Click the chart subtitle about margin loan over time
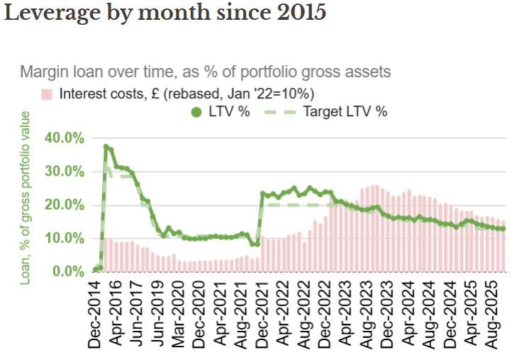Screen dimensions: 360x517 (x=206, y=72)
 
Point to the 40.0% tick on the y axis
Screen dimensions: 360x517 (x=65, y=137)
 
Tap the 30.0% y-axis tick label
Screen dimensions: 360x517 (x=65, y=171)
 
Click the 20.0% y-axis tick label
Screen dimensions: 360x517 (x=65, y=205)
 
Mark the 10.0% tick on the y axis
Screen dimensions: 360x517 (x=65, y=238)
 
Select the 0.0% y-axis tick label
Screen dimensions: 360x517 (x=67, y=271)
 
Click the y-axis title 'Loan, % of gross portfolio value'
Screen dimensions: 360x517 (x=26, y=197)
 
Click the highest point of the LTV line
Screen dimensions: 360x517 (x=106, y=147)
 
